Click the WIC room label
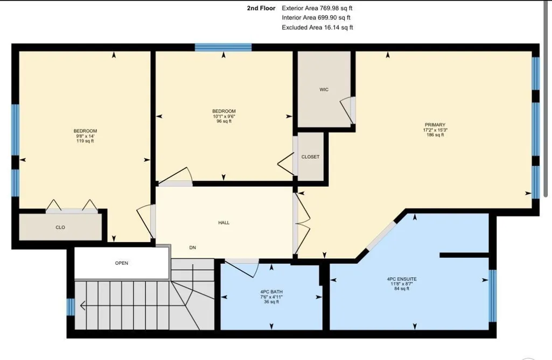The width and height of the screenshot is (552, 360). coord(324,90)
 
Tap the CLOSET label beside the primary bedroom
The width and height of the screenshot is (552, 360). coord(310,157)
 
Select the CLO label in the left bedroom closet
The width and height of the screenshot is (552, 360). coord(60,227)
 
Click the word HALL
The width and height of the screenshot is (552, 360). coord(224,222)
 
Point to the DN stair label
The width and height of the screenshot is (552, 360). coord(193,248)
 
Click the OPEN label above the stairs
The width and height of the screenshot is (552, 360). coord(122,263)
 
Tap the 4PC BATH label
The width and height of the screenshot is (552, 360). coord(271,292)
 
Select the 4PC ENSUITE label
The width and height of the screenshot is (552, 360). coord(402,279)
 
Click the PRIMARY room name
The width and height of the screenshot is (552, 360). coord(435,125)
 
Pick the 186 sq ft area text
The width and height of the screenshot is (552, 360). coord(435,135)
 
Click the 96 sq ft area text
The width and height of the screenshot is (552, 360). coord(224,122)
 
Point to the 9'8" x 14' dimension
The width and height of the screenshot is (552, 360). coord(85,136)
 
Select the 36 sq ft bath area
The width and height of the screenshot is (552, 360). coord(271,301)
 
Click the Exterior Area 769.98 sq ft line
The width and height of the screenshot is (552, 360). coord(317,8)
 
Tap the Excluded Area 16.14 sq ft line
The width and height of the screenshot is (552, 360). coord(317,27)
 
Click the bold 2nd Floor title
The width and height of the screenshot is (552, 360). coord(261,8)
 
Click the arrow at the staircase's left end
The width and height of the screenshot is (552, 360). coord(83,306)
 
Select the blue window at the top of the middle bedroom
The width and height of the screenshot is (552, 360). coord(223,47)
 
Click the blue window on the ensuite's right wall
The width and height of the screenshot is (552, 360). coord(493,296)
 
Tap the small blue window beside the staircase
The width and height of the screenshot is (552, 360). coord(71,307)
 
